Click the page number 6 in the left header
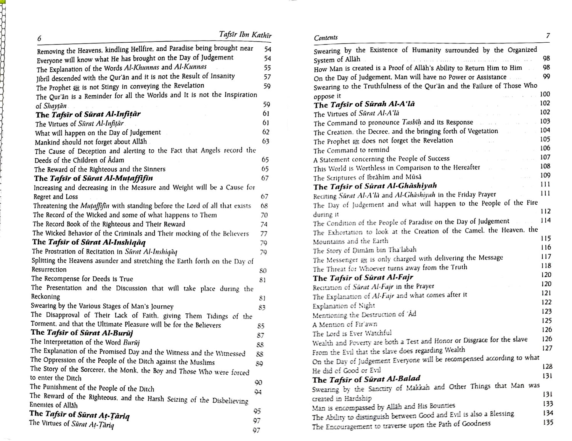pos(39,38)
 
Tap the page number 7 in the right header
pos(548,36)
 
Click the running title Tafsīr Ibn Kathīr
pos(246,35)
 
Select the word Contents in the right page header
pos(326,37)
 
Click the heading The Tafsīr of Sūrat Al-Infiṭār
pos(88,114)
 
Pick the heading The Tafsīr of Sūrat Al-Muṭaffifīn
pos(93,178)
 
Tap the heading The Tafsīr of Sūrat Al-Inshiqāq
pos(89,242)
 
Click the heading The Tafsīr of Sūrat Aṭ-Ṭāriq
pos(79,414)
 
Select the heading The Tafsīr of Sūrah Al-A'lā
pos(364,104)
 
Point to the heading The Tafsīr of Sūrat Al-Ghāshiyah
pos(375,186)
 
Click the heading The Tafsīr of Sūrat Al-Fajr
pos(363,278)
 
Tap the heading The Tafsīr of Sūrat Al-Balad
pos(366,379)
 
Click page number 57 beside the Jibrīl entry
pos(267,77)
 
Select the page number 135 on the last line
pos(547,422)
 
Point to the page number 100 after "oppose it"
pos(545,94)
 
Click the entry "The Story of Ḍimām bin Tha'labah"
pos(365,250)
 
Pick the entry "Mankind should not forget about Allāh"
pos(91,142)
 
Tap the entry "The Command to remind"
pos(351,150)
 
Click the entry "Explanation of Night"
pos(344,305)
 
